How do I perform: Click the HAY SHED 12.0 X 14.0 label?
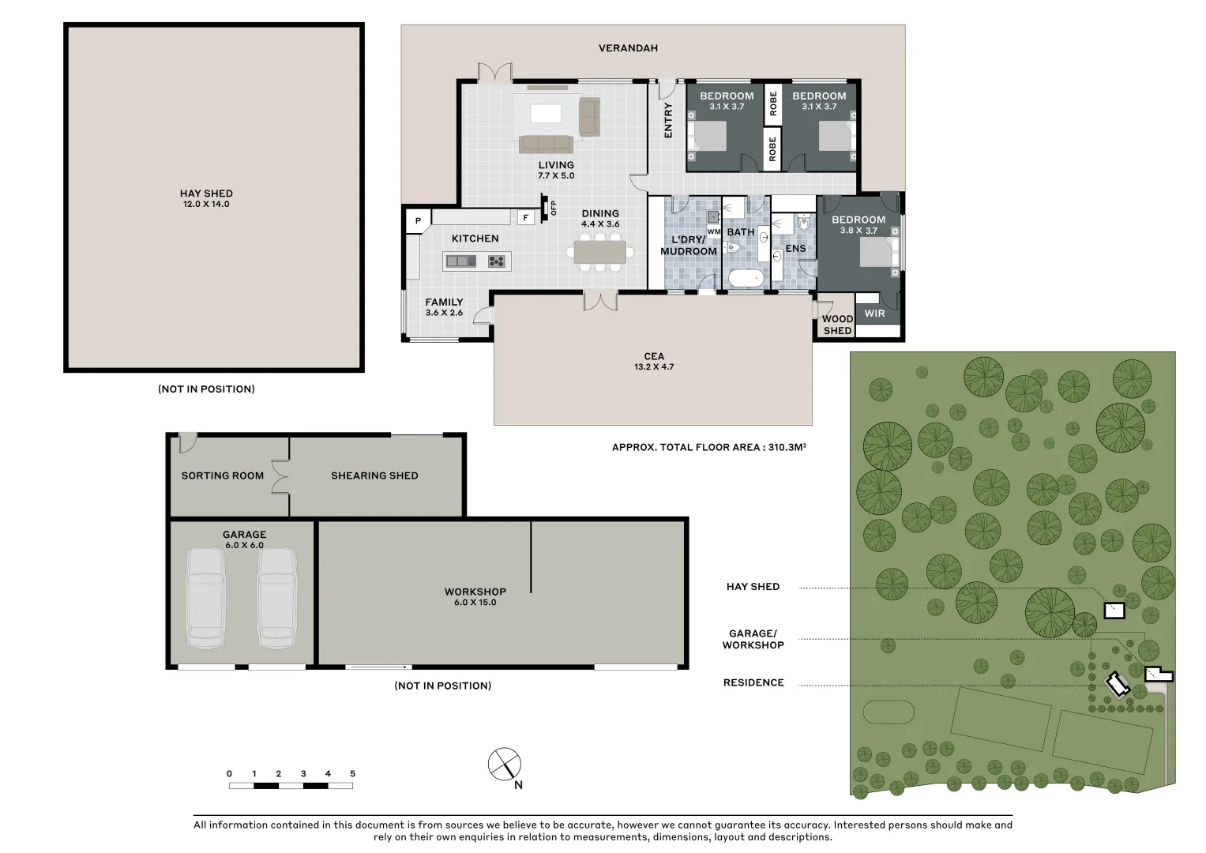(x=206, y=198)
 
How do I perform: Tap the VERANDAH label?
(x=629, y=48)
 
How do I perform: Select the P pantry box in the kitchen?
(x=419, y=220)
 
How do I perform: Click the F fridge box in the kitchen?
(x=526, y=217)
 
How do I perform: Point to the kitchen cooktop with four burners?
(x=497, y=261)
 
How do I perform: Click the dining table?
(x=599, y=252)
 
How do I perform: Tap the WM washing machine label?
(x=714, y=232)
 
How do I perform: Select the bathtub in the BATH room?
(x=746, y=278)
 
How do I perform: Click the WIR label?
(x=874, y=314)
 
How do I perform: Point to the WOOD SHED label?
(x=837, y=325)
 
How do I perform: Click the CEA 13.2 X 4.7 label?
(x=654, y=362)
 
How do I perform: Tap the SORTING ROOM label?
(x=223, y=475)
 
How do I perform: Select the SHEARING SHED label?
(x=374, y=475)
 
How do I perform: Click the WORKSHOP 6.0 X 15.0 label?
(x=475, y=596)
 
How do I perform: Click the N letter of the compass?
(x=518, y=785)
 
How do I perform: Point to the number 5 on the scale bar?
(x=353, y=774)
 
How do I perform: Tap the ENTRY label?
(x=668, y=121)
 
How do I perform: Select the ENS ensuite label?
(x=795, y=248)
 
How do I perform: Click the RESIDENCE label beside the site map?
(x=753, y=683)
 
